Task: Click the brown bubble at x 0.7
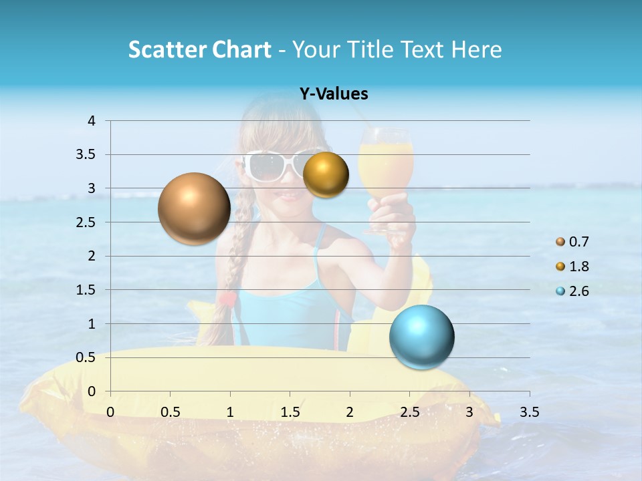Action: tap(194, 208)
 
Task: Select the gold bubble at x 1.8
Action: tap(326, 175)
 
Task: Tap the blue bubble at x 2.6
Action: tap(421, 337)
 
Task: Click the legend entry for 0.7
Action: tap(572, 242)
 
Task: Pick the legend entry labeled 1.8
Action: tap(572, 267)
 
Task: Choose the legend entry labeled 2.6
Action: tap(572, 291)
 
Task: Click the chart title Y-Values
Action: tap(334, 94)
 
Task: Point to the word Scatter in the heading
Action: tap(165, 49)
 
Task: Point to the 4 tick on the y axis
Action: tap(92, 121)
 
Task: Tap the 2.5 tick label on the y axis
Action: tap(86, 222)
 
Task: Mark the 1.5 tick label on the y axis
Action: tap(86, 290)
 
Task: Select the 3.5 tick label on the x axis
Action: tap(529, 412)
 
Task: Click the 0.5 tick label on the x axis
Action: tap(171, 412)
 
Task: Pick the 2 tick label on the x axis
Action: tap(350, 412)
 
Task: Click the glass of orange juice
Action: tap(386, 167)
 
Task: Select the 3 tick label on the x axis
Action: tap(469, 412)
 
